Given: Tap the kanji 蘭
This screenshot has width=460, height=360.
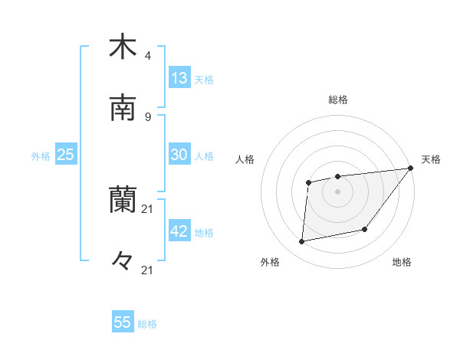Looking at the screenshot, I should click(x=123, y=200).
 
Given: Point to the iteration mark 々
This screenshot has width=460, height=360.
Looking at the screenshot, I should click(x=123, y=261).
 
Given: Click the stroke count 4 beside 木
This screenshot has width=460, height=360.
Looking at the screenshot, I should click(x=148, y=55).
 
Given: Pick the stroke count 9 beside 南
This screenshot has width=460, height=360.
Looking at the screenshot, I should click(x=148, y=116).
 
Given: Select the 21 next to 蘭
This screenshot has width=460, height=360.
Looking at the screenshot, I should click(x=148, y=208).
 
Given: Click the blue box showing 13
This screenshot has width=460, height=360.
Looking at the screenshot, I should click(x=179, y=78).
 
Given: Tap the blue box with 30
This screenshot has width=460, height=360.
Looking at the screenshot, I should click(x=179, y=155).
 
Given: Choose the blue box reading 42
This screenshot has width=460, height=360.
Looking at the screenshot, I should click(x=179, y=231).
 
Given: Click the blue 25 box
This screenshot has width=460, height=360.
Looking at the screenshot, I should click(x=66, y=155).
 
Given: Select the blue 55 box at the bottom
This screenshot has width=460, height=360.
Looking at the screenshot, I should click(x=123, y=322).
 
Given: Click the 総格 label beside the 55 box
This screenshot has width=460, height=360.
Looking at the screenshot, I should click(x=148, y=324).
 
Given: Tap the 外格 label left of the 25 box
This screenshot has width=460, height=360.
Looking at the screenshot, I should click(x=41, y=156).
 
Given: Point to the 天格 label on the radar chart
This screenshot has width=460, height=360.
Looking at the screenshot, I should click(x=431, y=159).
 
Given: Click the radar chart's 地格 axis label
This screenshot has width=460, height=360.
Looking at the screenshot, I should click(x=402, y=262).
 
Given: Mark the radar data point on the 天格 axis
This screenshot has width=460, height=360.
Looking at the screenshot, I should click(x=410, y=169).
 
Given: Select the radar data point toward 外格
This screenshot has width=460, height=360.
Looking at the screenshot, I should click(x=302, y=242).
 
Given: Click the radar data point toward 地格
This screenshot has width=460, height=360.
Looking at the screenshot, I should click(x=365, y=229).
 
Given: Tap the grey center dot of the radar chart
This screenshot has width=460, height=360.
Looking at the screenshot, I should click(x=337, y=191).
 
